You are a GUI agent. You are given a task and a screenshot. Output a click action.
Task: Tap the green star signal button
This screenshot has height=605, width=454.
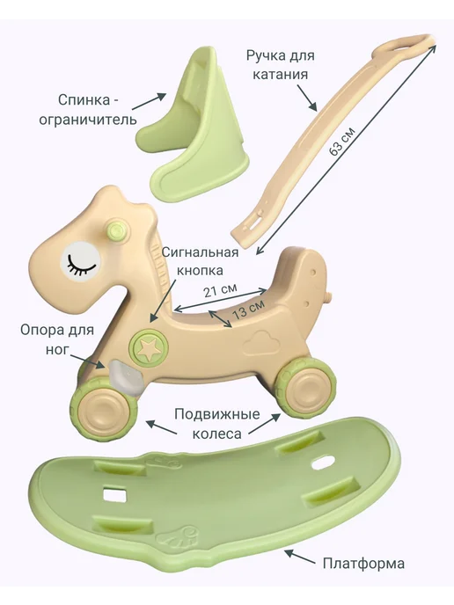[149, 347]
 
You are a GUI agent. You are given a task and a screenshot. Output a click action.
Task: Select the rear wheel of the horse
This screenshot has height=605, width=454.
[306, 387]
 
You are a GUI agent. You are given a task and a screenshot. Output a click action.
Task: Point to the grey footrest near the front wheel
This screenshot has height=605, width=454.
[123, 379]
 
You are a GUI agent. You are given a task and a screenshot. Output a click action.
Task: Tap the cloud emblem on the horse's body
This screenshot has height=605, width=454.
[262, 342]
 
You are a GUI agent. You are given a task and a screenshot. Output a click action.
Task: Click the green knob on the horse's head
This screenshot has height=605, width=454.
[115, 232]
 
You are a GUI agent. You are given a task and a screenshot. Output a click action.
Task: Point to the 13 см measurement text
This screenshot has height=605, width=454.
[248, 309]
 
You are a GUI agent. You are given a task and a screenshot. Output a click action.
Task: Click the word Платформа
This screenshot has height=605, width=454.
[363, 563]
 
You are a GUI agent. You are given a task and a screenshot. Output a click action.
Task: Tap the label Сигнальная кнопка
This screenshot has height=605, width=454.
[200, 261]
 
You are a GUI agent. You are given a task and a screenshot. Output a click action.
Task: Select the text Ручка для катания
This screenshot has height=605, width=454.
[281, 64]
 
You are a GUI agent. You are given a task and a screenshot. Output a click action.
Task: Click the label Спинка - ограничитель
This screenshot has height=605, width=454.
[88, 110]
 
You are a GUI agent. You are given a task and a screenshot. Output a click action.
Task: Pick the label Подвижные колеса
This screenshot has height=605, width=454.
[217, 425]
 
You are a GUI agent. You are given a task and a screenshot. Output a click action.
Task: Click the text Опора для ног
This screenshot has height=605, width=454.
[57, 340]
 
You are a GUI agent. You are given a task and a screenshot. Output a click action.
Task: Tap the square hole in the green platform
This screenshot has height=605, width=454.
[114, 495]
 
